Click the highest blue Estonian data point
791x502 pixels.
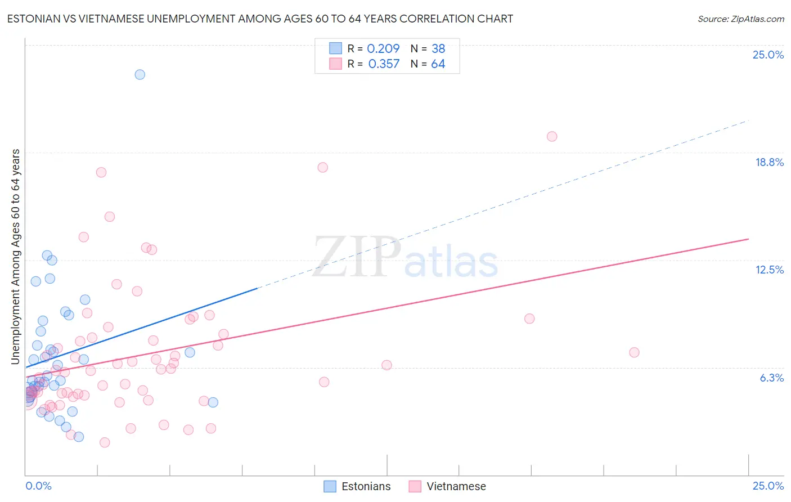pos(140,74)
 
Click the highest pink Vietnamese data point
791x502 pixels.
pos(552,136)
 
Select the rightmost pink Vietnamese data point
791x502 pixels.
pos(634,352)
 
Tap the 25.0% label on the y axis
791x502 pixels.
pos(768,55)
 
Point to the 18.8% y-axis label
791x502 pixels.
pos(769,162)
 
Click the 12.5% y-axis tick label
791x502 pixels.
pos(769,270)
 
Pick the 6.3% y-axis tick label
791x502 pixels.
pos(771,378)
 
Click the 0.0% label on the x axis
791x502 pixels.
pos(38,486)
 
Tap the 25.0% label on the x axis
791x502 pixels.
pos(768,486)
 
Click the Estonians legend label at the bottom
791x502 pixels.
pos(366,486)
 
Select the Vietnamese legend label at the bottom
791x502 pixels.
pos(456,486)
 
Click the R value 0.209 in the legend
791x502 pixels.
pos(383,48)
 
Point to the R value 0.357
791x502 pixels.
pos(384,64)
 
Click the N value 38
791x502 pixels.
pos(438,48)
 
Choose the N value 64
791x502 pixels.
pos(438,64)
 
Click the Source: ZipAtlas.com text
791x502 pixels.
pos(740,19)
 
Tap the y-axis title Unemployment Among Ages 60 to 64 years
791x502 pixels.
pos(15,257)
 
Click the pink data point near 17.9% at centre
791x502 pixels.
pos(322,167)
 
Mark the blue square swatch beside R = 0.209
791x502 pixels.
pos(335,48)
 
